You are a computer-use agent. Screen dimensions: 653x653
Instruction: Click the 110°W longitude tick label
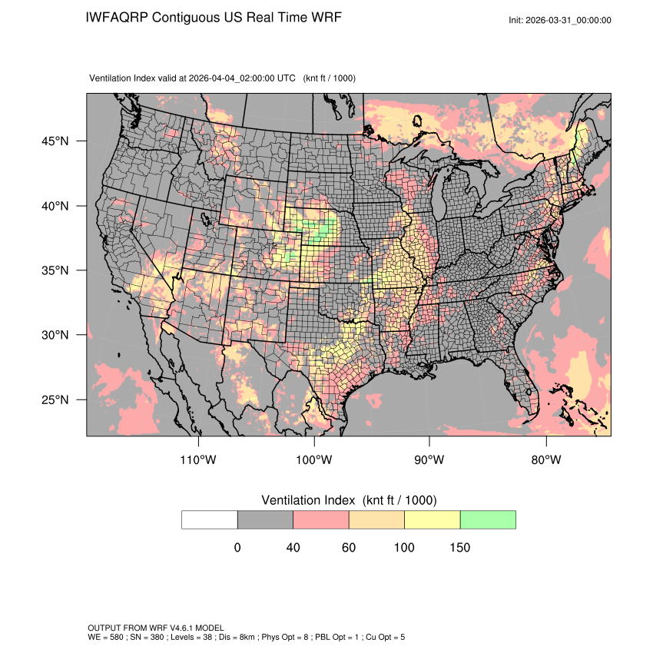point(199,459)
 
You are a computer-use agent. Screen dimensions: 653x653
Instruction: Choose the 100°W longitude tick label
point(314,459)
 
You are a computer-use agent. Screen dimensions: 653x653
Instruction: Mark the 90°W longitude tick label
point(429,459)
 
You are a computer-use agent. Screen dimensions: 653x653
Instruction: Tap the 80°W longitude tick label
point(545,459)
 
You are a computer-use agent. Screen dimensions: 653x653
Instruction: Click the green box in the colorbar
point(488,519)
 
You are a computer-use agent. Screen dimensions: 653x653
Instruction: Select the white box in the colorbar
point(210,519)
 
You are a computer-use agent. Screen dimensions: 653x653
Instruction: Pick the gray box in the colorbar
point(265,519)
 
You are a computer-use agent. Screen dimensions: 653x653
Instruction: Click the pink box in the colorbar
point(321,519)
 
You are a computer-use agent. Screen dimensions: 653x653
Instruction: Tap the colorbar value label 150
point(459,548)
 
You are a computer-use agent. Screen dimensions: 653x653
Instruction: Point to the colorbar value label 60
point(349,548)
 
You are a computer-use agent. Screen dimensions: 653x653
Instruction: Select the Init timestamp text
point(560,20)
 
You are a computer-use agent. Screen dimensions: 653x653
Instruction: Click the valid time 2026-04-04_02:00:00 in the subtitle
point(230,78)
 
